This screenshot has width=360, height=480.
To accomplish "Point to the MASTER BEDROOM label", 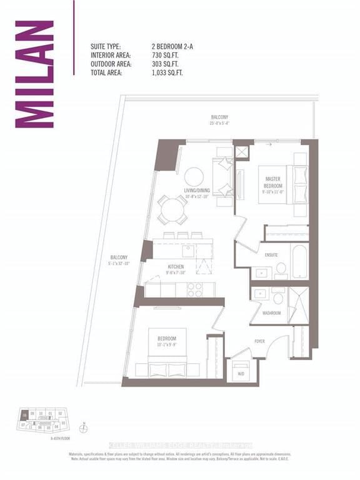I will coord(273,182).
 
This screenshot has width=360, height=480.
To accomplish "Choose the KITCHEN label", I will coord(174,267).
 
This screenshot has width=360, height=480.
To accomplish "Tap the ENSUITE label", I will coord(271,254).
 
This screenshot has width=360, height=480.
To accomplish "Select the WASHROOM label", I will coord(271,312).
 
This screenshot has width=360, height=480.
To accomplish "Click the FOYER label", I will coord(260,341).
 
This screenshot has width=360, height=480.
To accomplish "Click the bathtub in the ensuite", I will coord(299,261).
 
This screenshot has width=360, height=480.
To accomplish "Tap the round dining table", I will coord(171,210).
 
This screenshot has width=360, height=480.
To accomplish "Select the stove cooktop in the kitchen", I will coord(194,289).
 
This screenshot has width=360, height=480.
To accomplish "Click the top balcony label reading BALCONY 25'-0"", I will coord(219,119).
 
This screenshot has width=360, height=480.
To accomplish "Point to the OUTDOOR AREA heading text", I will coord(114,64).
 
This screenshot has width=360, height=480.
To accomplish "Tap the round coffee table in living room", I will coord(193,177).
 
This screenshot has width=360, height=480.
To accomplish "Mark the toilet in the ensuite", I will coord(281,269).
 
